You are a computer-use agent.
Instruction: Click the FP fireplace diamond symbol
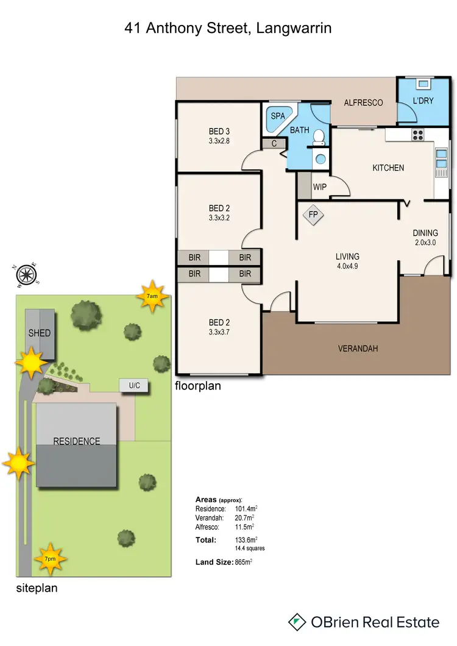[313, 215]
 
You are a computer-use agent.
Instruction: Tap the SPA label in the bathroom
[278, 115]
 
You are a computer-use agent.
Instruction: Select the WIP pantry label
[320, 187]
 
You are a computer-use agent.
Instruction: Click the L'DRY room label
[423, 100]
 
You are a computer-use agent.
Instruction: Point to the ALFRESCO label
[363, 102]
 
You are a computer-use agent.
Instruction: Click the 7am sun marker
[152, 296]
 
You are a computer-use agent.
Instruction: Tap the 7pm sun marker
[50, 558]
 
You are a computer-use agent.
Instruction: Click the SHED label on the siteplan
[39, 333]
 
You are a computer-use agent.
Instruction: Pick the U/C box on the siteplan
[133, 385]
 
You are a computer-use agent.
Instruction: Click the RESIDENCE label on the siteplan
[76, 441]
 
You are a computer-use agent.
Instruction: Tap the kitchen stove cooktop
[418, 135]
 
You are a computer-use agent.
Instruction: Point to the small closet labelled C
[274, 144]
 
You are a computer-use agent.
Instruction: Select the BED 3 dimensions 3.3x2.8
[219, 141]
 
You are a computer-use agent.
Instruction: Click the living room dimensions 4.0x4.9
[347, 266]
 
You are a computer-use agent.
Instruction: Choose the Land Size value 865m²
[243, 562]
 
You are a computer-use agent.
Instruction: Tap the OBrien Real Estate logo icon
[297, 622]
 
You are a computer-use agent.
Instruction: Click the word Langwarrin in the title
[294, 27]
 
